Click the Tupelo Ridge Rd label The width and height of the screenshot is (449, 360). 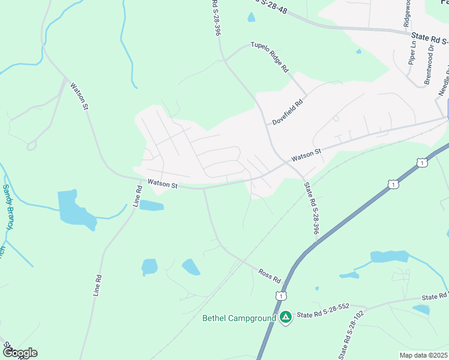pyautogui.click(x=270, y=58)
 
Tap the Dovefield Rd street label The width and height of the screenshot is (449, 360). pyautogui.click(x=288, y=112)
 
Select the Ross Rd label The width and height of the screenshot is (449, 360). pyautogui.click(x=270, y=276)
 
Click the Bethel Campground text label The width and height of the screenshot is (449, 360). pyautogui.click(x=239, y=318)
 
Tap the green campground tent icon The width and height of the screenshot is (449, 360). pyautogui.click(x=286, y=317)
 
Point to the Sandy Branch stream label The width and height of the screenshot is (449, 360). pyautogui.click(x=8, y=207)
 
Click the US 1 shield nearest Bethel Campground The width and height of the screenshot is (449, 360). pyautogui.click(x=280, y=296)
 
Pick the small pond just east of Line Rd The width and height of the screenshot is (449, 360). pyautogui.click(x=152, y=206)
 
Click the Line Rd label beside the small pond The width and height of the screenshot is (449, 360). pyautogui.click(x=137, y=197)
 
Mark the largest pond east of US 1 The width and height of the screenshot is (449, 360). pyautogui.click(x=389, y=257)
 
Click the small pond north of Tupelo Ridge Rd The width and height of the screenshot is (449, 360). pyautogui.click(x=251, y=17)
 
